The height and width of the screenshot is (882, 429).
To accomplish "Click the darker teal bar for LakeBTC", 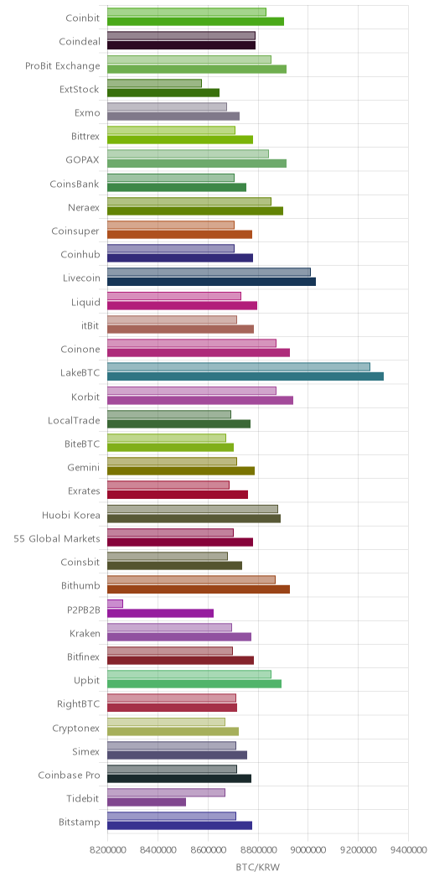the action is click(x=246, y=376).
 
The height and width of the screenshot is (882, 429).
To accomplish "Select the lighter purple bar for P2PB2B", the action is click(x=115, y=604).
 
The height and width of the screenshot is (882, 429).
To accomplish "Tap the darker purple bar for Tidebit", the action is click(x=146, y=802).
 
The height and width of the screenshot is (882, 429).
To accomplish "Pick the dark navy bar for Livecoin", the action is click(x=211, y=282).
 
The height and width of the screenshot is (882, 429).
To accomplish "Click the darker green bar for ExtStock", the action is click(x=163, y=93).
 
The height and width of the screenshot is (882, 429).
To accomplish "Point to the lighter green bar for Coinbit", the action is click(x=187, y=12).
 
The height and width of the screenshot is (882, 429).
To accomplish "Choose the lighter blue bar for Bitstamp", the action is click(x=172, y=817).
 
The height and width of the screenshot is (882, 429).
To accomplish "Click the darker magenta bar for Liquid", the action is click(x=182, y=305).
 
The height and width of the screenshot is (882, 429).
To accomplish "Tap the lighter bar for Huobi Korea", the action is click(x=192, y=509).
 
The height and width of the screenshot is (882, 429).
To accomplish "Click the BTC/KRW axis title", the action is click(x=257, y=868).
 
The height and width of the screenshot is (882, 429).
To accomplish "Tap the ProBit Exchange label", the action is click(x=62, y=65).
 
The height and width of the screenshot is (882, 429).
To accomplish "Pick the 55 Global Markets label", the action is click(x=57, y=538).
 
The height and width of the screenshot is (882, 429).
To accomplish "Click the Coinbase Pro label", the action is click(x=69, y=776).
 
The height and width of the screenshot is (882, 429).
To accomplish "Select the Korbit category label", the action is click(x=86, y=397).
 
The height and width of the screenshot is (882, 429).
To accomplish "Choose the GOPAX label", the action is click(x=83, y=160).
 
